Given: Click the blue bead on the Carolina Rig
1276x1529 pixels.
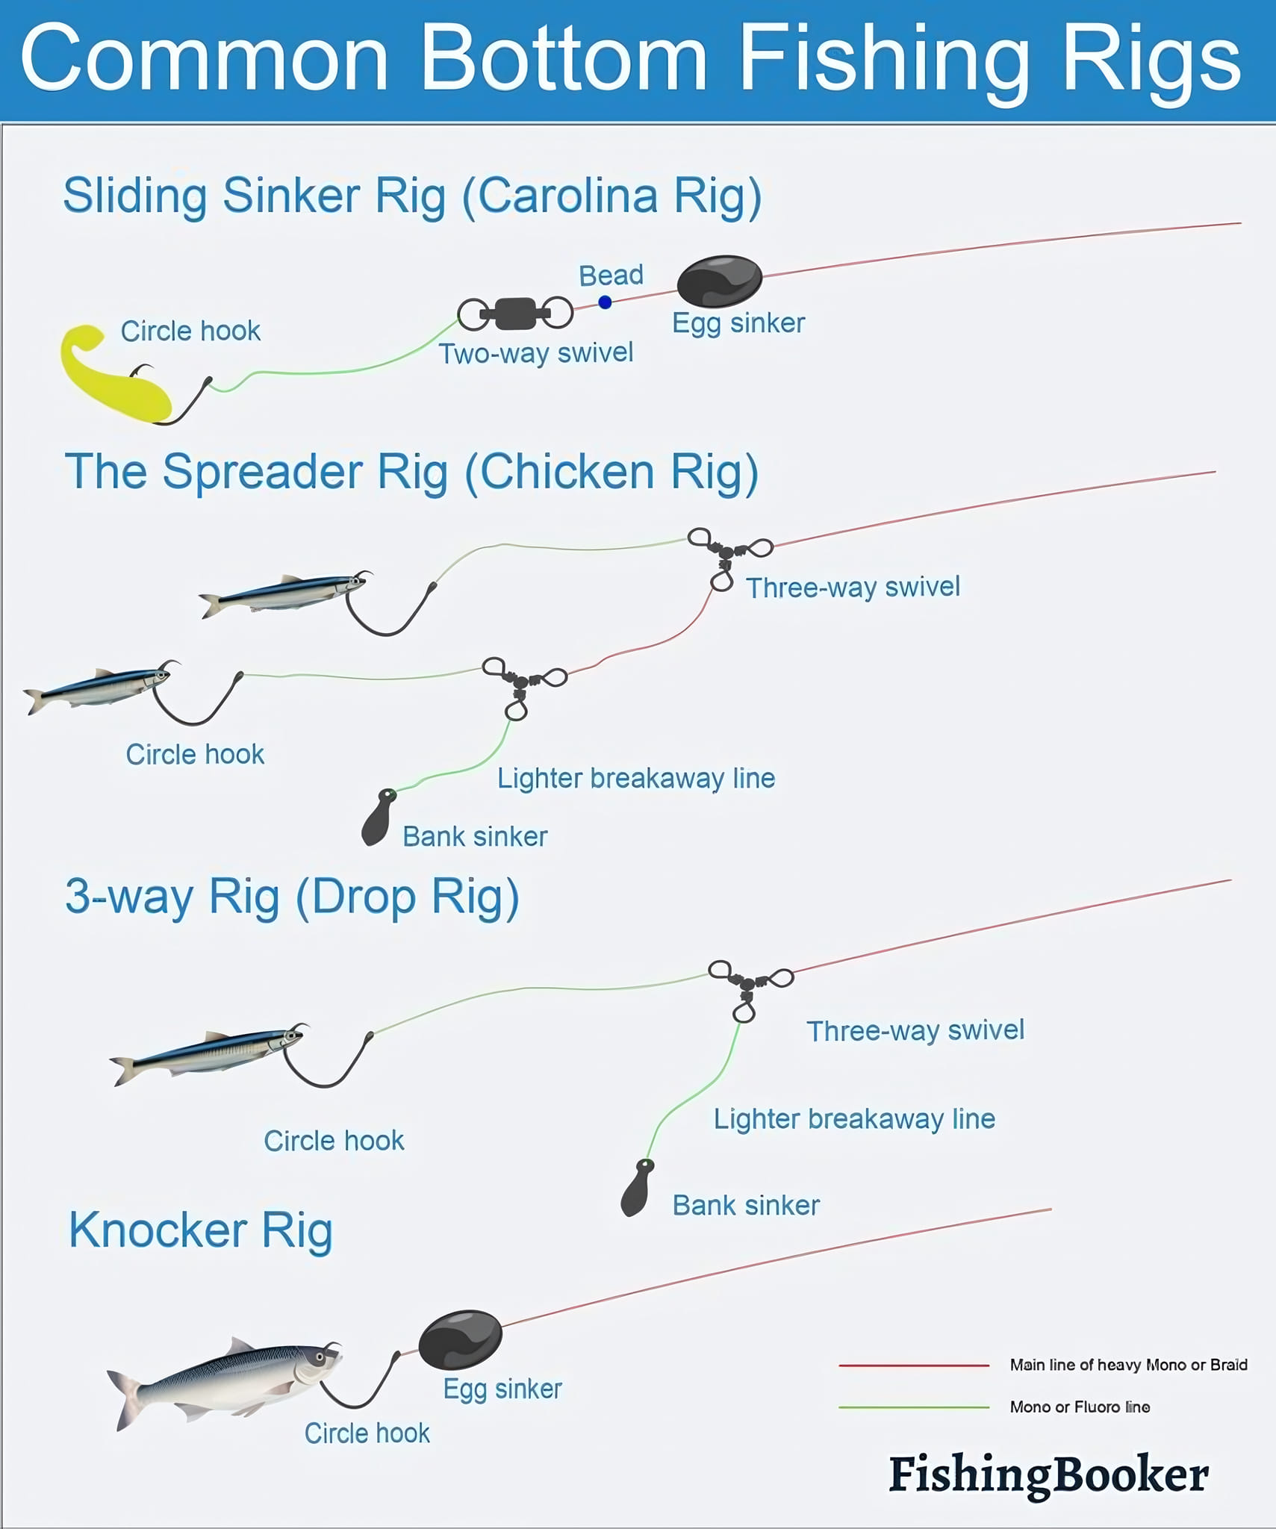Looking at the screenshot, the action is point(605,302).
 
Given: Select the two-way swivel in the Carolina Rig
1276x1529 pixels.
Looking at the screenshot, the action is point(515,314).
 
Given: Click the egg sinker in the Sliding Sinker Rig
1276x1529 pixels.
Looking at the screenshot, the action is point(719,281).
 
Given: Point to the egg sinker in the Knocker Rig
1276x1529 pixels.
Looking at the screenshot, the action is point(460,1339).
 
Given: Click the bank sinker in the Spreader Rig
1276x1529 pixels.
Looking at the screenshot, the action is point(379,818).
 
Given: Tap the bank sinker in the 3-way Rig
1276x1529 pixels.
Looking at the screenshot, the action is point(637,1188).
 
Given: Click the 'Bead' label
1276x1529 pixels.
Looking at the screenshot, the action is point(611,275).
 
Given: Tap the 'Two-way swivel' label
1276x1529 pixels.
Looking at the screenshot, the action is point(535,353).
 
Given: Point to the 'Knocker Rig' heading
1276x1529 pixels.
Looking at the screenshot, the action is point(200,1230).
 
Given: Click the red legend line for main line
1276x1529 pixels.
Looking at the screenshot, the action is point(914,1365).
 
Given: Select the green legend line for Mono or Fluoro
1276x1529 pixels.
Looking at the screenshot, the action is point(914,1407).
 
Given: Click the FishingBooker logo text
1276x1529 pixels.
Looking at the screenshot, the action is point(1048,1475).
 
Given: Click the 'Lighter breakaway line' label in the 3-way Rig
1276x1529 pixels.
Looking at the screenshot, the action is point(854,1119).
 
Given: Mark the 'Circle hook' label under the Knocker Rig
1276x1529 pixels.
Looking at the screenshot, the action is point(367,1433).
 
